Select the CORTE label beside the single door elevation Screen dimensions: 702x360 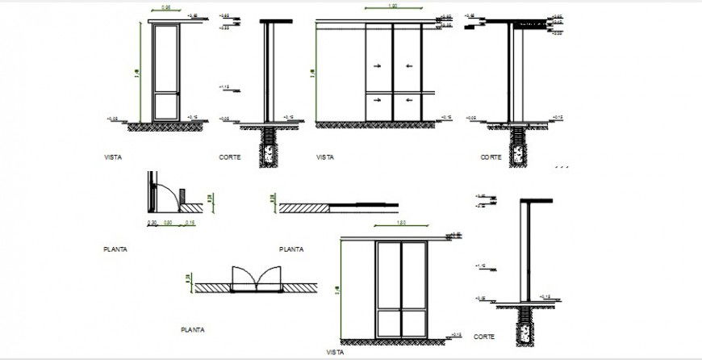pos(230,157)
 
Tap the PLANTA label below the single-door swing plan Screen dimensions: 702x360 pos(115,249)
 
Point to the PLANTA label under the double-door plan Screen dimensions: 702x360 pos(192,329)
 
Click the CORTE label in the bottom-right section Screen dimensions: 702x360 pos(484,336)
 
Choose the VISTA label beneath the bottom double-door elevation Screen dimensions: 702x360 pos(335,352)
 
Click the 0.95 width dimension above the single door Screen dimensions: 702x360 pos(165,8)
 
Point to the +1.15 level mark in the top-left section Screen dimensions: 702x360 pos(225,87)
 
